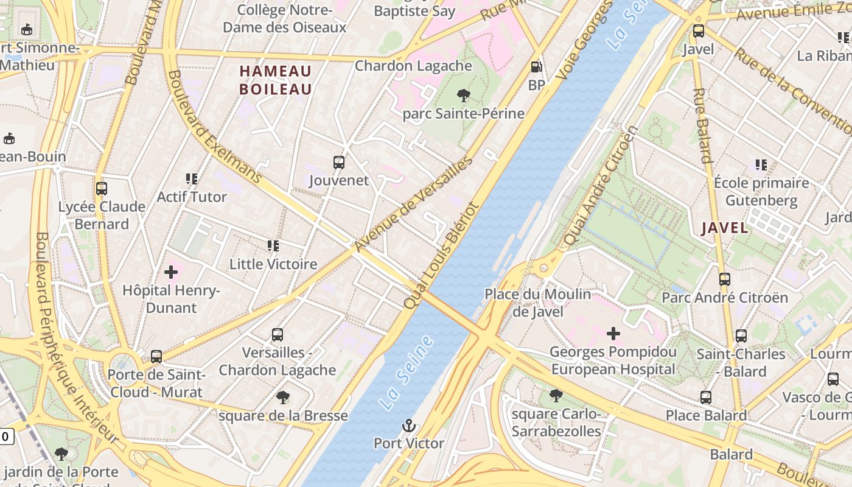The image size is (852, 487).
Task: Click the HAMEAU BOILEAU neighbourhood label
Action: click(275, 80)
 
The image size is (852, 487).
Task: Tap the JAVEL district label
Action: click(724, 228)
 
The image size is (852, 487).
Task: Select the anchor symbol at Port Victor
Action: click(409, 426)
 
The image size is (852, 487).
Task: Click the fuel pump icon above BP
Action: click(536, 67)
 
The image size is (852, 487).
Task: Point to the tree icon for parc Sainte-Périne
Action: click(463, 95)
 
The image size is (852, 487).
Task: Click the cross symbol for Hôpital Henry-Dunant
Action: click(171, 272)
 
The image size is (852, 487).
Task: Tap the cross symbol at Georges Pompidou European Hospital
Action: click(613, 333)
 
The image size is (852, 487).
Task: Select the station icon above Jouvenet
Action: click(339, 163)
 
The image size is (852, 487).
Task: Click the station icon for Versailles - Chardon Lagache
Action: click(278, 334)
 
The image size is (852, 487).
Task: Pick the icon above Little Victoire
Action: click(273, 246)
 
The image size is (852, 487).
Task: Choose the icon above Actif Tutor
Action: click(192, 179)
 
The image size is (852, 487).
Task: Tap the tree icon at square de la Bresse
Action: click(282, 398)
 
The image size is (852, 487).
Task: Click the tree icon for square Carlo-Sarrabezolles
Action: click(556, 396)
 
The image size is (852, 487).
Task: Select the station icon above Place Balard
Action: click(706, 398)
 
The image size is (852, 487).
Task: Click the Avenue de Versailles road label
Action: click(414, 204)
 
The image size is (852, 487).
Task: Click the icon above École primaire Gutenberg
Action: click(761, 164)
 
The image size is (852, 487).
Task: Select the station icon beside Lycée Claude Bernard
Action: click(102, 189)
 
